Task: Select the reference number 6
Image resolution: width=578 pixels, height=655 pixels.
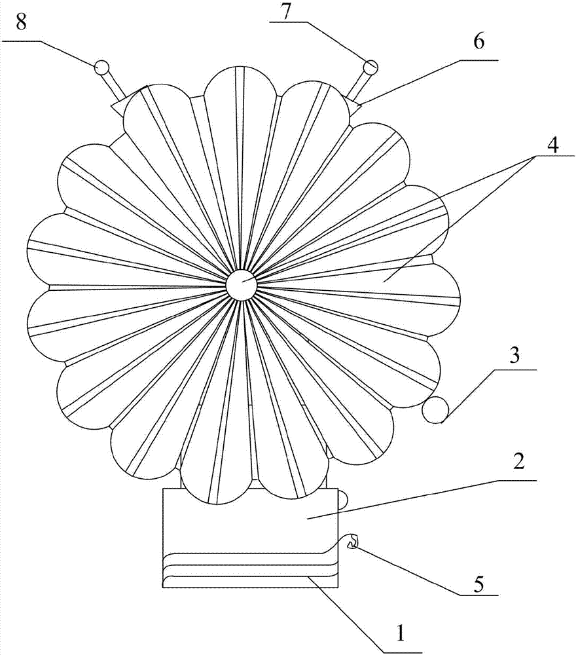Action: pos(479,42)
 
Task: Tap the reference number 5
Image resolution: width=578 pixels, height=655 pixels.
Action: pos(479,584)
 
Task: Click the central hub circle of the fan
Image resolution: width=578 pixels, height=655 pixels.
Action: pos(242,286)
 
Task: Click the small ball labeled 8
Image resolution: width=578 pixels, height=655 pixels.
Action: pos(102,67)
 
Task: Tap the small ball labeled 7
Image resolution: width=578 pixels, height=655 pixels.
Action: pos(370,67)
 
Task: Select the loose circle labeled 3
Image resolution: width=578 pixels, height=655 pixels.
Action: pos(435,410)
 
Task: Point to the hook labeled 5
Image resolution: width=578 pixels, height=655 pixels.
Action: pos(352,542)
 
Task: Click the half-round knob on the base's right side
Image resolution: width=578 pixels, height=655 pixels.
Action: pos(342,499)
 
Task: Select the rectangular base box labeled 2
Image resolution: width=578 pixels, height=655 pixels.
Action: pos(251,538)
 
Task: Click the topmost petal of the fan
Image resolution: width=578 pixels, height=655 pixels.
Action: pos(241,90)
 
